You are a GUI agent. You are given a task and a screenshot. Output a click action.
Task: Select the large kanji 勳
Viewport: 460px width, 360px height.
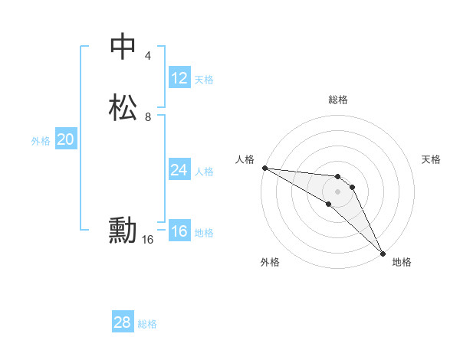123,231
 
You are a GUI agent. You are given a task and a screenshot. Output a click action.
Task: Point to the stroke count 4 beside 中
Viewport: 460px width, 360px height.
148,56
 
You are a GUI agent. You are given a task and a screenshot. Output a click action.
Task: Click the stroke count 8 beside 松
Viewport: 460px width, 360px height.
148,117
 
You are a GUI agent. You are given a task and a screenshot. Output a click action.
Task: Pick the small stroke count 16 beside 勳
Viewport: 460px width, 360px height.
148,240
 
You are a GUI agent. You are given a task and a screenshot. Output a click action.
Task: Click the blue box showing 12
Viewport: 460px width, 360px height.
179,78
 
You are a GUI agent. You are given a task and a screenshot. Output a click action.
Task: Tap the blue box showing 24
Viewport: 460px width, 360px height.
179,170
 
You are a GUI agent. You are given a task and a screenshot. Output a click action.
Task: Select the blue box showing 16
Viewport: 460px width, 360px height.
179,231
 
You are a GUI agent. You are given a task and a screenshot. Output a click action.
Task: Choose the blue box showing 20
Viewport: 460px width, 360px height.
66,139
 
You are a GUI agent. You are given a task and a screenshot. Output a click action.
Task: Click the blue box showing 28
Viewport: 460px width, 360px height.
123,322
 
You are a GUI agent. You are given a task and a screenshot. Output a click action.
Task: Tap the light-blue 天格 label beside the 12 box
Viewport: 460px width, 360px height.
204,80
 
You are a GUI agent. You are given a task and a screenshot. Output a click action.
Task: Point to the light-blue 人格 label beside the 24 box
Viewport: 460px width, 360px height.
204,172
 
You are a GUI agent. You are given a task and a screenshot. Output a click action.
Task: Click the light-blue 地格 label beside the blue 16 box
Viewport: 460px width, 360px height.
204,233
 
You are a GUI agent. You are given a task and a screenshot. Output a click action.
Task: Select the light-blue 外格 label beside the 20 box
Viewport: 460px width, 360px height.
41,141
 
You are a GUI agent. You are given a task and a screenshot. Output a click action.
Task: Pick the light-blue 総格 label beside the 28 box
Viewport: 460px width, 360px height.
147,324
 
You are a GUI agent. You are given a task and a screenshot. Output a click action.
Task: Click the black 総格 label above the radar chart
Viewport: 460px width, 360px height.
338,100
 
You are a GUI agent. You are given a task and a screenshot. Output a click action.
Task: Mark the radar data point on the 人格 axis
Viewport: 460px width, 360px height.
264,168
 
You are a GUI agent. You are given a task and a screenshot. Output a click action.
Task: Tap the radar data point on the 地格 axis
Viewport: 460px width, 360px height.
383,253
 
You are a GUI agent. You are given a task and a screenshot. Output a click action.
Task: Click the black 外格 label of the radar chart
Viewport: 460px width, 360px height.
270,262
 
